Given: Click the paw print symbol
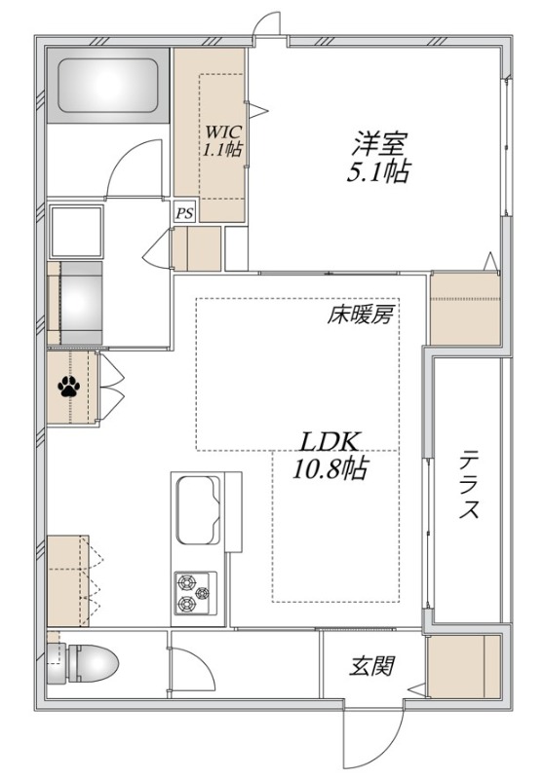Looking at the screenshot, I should (x=69, y=388).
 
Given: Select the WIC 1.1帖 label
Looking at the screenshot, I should (x=222, y=139).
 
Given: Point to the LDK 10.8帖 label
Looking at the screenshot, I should (x=330, y=455).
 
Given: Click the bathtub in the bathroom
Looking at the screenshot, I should (x=108, y=86).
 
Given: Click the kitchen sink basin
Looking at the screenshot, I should (x=199, y=511).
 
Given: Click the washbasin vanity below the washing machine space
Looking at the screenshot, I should (x=76, y=303).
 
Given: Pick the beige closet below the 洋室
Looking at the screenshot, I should (x=465, y=309).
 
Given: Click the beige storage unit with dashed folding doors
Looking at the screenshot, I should (x=69, y=580).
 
